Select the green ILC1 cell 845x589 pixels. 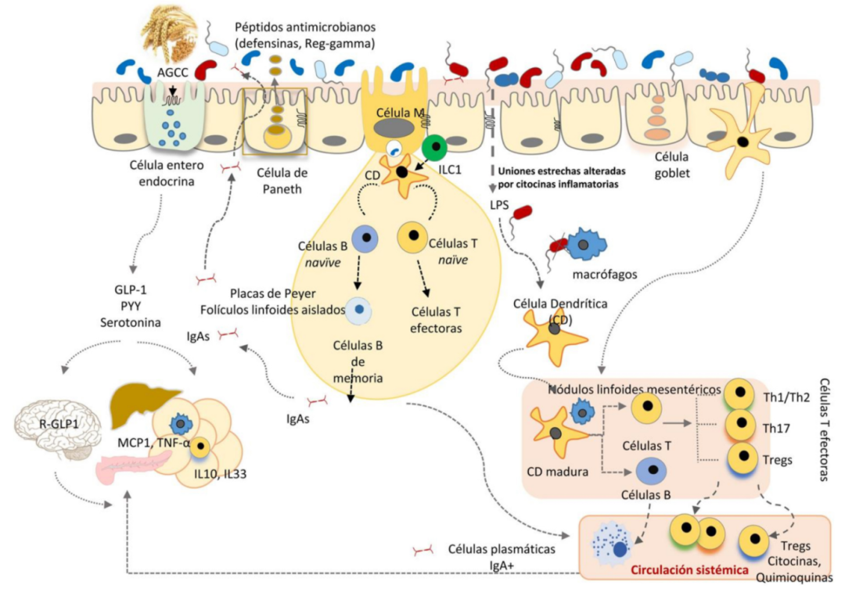pyautogui.click(x=434, y=147)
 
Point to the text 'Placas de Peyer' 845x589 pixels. pyautogui.click(x=261, y=295)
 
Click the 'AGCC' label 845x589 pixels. pyautogui.click(x=171, y=73)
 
